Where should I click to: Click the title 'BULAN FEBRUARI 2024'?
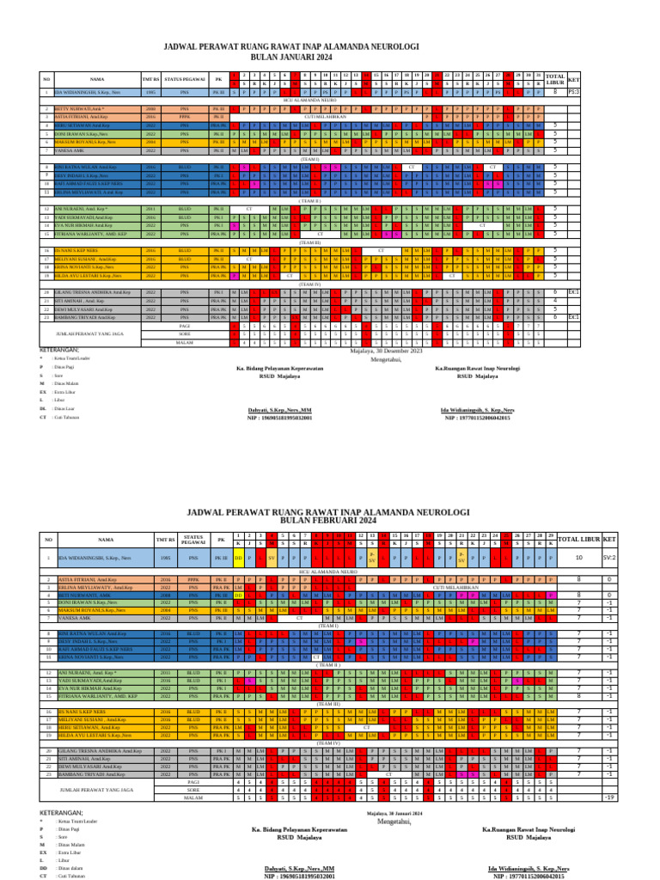pyautogui.click(x=331, y=521)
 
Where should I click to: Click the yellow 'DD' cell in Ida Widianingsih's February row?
pyautogui.click(x=238, y=558)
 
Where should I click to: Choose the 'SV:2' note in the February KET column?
pyautogui.click(x=608, y=558)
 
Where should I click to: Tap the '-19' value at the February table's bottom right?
pyautogui.click(x=608, y=798)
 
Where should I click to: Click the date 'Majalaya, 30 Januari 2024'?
pyautogui.click(x=394, y=813)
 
